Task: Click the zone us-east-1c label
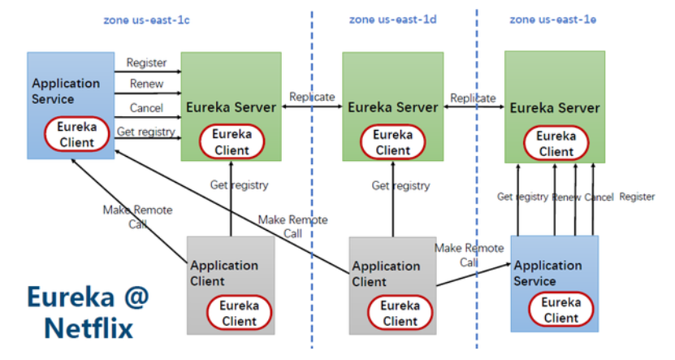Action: (x=146, y=20)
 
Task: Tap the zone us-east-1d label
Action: (x=392, y=20)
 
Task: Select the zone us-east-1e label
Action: (x=552, y=20)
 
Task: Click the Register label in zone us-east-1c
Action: (x=146, y=63)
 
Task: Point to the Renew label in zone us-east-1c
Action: (x=146, y=84)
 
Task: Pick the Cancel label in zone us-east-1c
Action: (x=146, y=107)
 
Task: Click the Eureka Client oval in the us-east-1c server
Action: (x=231, y=142)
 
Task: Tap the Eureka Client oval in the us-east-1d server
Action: (x=392, y=142)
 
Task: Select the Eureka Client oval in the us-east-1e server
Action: (x=556, y=143)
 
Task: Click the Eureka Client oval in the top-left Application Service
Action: (x=76, y=134)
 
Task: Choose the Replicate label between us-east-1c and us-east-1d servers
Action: (x=312, y=97)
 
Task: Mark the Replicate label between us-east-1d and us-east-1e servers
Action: (x=473, y=98)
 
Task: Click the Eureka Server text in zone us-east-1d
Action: (x=392, y=107)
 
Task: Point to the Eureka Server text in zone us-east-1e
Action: (x=555, y=107)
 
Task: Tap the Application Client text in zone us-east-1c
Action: (x=224, y=273)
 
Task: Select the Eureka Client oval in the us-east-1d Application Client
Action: (x=400, y=313)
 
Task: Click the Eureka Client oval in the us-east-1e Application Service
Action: (x=561, y=310)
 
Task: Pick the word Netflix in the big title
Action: (x=89, y=328)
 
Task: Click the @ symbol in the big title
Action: (x=136, y=297)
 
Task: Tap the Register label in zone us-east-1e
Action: (x=637, y=197)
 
